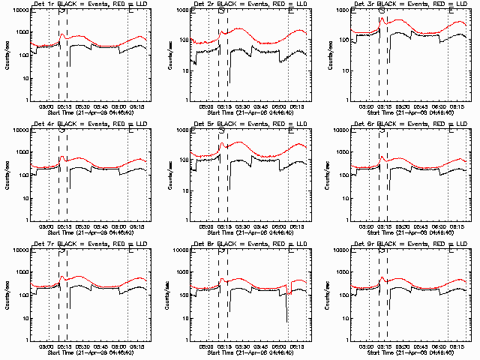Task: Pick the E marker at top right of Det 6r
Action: coord(451,130)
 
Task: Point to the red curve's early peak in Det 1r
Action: coord(63,35)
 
